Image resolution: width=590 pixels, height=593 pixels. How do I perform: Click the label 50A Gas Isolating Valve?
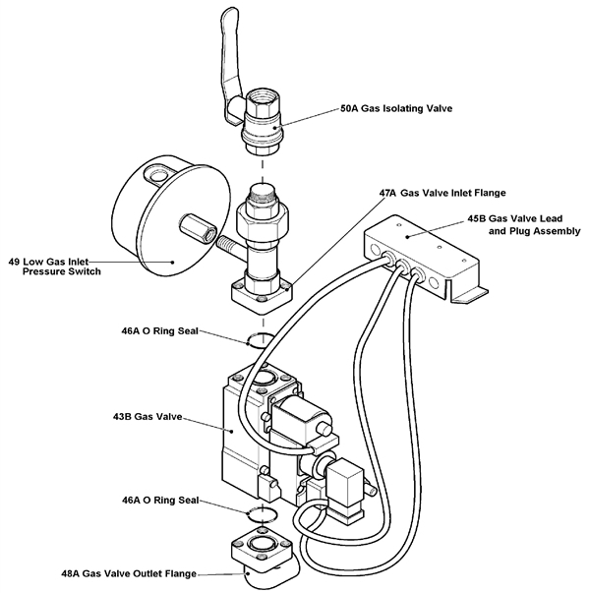tap(396, 110)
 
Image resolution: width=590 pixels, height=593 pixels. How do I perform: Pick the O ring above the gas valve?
tap(256, 340)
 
